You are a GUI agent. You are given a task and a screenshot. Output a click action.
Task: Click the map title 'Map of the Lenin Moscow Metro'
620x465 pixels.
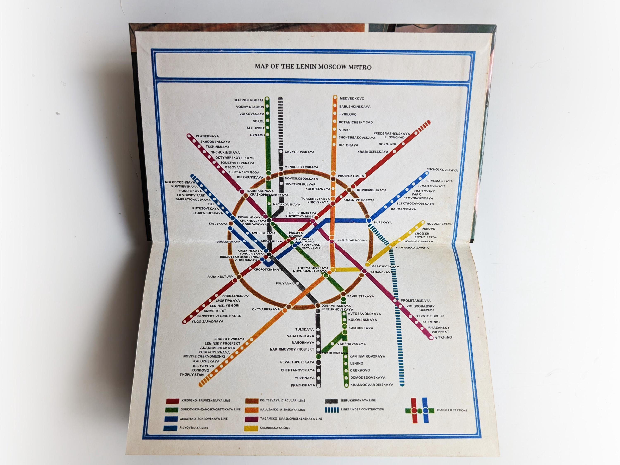point(313,67)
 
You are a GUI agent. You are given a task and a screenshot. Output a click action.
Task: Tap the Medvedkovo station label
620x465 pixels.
point(352,98)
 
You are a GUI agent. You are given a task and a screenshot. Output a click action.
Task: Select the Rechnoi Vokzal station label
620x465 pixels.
point(248,100)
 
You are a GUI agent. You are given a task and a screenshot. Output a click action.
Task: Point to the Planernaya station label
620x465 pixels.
point(207,136)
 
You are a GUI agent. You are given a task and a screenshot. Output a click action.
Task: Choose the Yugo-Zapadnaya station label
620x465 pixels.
point(207,322)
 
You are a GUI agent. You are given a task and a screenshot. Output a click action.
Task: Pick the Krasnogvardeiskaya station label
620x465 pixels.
point(372,385)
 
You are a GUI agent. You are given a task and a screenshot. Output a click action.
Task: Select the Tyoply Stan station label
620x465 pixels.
point(192,375)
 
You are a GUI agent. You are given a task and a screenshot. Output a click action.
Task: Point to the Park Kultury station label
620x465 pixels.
point(220,277)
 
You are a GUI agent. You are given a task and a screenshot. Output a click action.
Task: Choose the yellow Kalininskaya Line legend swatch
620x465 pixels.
point(251,428)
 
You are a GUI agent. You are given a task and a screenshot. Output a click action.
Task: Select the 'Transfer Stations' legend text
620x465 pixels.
point(451,410)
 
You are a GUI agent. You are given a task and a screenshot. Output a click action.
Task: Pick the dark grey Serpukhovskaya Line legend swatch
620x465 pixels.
point(331,401)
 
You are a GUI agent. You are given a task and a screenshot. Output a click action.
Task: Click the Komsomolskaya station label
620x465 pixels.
point(371,190)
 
